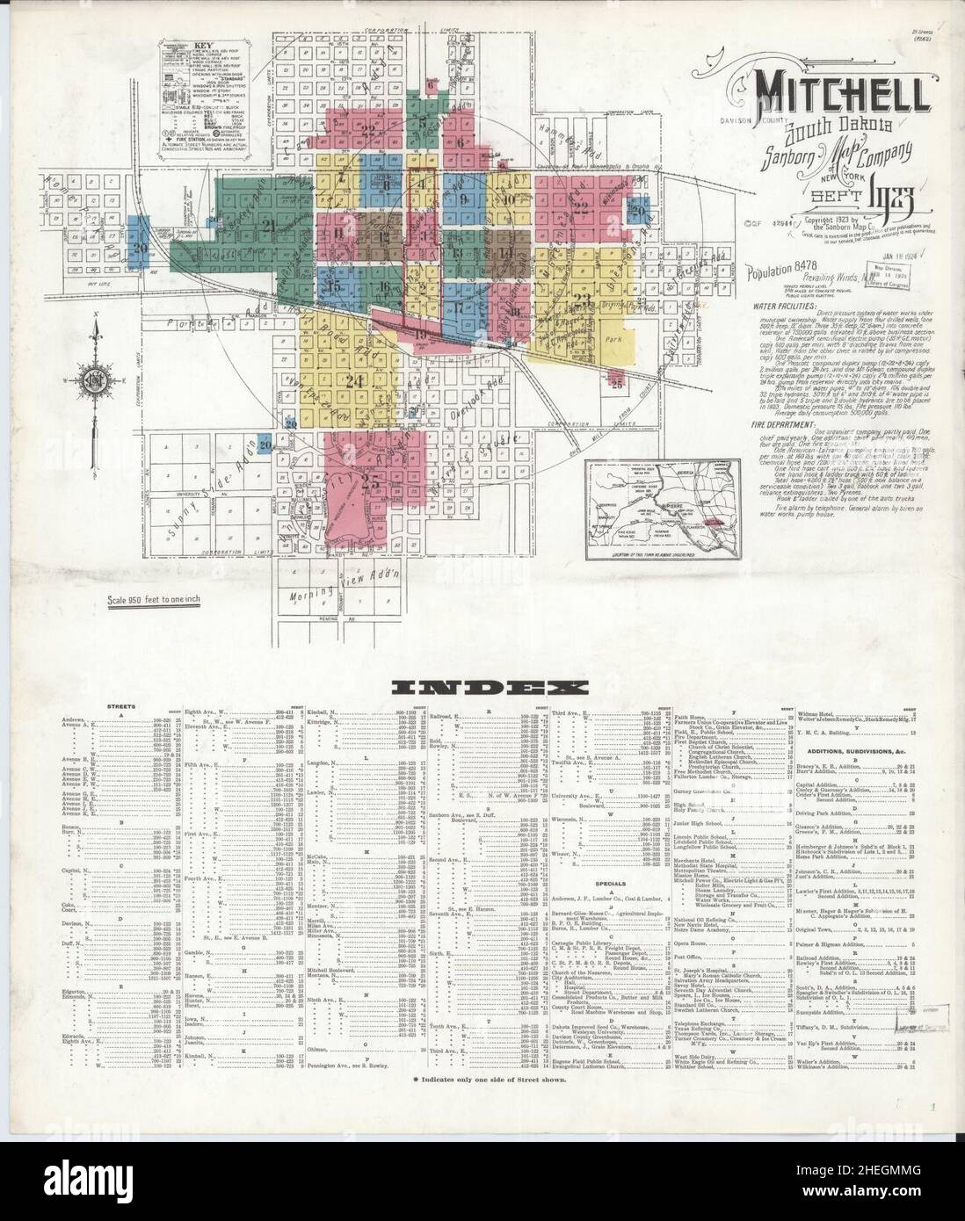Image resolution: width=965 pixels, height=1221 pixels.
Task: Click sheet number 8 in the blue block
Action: click(388, 185)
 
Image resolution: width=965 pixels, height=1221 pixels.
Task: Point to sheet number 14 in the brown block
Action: click(504, 254)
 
